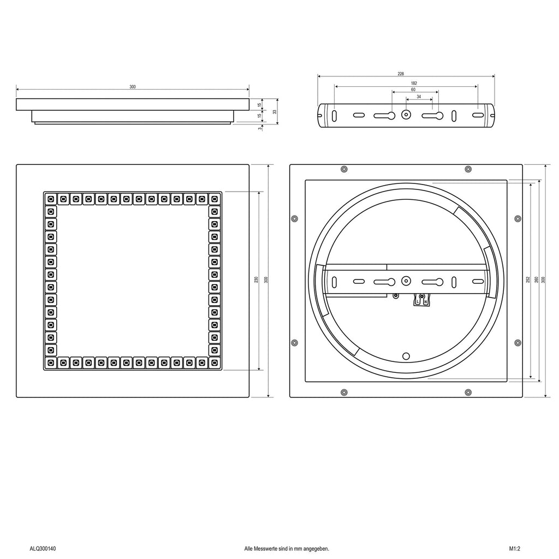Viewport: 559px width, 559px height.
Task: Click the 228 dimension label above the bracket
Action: pos(401,74)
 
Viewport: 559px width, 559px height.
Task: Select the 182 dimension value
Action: pos(414,83)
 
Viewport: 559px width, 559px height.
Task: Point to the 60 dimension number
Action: pos(413,90)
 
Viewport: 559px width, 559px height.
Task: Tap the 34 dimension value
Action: pos(419,97)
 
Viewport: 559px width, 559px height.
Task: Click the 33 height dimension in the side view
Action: pos(275,111)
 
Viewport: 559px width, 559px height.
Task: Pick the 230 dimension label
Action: pos(256,280)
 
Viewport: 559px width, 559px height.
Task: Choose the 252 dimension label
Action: pos(528,280)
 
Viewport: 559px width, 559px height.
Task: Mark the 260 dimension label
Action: pos(536,280)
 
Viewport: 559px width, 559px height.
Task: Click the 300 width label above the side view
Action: pos(133,87)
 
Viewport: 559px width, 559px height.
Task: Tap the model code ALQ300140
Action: pos(43,549)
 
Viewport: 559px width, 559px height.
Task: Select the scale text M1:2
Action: pos(514,549)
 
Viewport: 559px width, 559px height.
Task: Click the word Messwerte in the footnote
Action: pos(264,549)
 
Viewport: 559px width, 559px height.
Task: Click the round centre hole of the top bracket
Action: pos(406,115)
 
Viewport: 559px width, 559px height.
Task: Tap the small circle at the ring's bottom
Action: pos(406,356)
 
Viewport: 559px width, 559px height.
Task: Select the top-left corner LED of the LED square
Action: pos(51,199)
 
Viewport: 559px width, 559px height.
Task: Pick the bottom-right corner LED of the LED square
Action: pos(214,363)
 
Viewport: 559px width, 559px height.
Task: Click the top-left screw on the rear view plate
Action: pos(344,169)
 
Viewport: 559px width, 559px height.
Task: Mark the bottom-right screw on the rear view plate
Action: pos(468,393)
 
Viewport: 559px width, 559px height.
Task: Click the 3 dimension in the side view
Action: pos(260,128)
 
